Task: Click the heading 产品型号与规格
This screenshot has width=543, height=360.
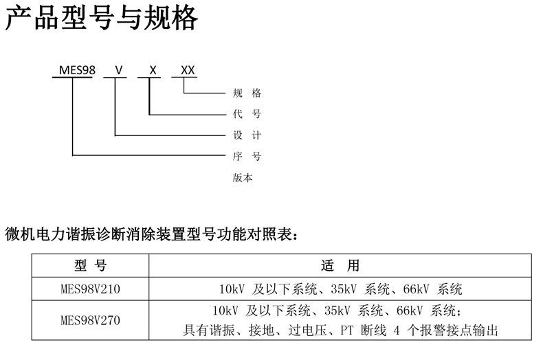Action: click(x=102, y=19)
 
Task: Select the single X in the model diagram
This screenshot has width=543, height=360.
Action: click(x=153, y=70)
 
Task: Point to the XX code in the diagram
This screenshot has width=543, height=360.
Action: click(x=187, y=70)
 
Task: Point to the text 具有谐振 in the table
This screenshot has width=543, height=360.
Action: click(x=206, y=330)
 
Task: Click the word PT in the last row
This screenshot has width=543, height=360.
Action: click(x=347, y=330)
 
